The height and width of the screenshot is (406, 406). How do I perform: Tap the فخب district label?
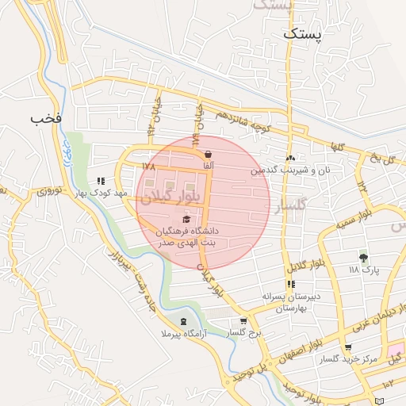click(45, 118)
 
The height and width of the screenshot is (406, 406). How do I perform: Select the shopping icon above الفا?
click(208, 154)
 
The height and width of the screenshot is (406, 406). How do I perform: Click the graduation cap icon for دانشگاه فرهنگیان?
click(186, 220)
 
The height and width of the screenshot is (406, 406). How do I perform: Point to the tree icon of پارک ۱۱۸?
click(364, 258)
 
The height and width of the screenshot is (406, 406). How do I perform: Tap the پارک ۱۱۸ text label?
click(364, 270)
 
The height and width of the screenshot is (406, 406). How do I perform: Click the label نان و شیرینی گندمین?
click(290, 170)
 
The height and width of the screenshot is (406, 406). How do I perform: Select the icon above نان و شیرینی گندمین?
click(290, 158)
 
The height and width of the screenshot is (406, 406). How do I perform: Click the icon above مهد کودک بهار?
click(100, 181)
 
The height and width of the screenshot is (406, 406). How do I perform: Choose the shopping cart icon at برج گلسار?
click(243, 321)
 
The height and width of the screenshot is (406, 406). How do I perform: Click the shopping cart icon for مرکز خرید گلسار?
click(349, 347)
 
